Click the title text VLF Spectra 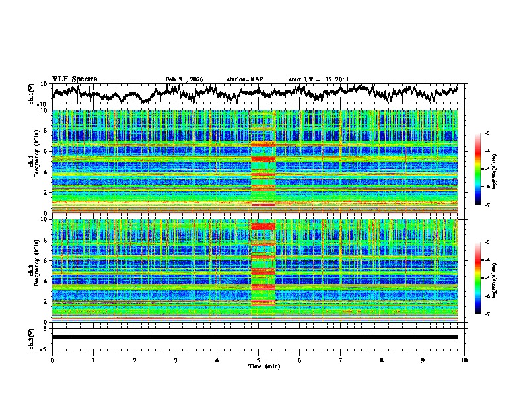tap(75, 79)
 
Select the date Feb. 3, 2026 tap(184, 79)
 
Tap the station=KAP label tap(244, 79)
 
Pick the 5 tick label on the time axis tap(258, 360)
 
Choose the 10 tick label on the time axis tap(464, 360)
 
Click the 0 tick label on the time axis tap(52, 360)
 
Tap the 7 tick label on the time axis tap(341, 360)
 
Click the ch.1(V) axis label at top tap(31, 94)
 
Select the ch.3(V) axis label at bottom tap(31, 337)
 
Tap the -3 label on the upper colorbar tap(495, 133)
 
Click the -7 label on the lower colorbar tap(495, 315)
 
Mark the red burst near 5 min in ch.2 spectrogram tap(263, 228)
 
